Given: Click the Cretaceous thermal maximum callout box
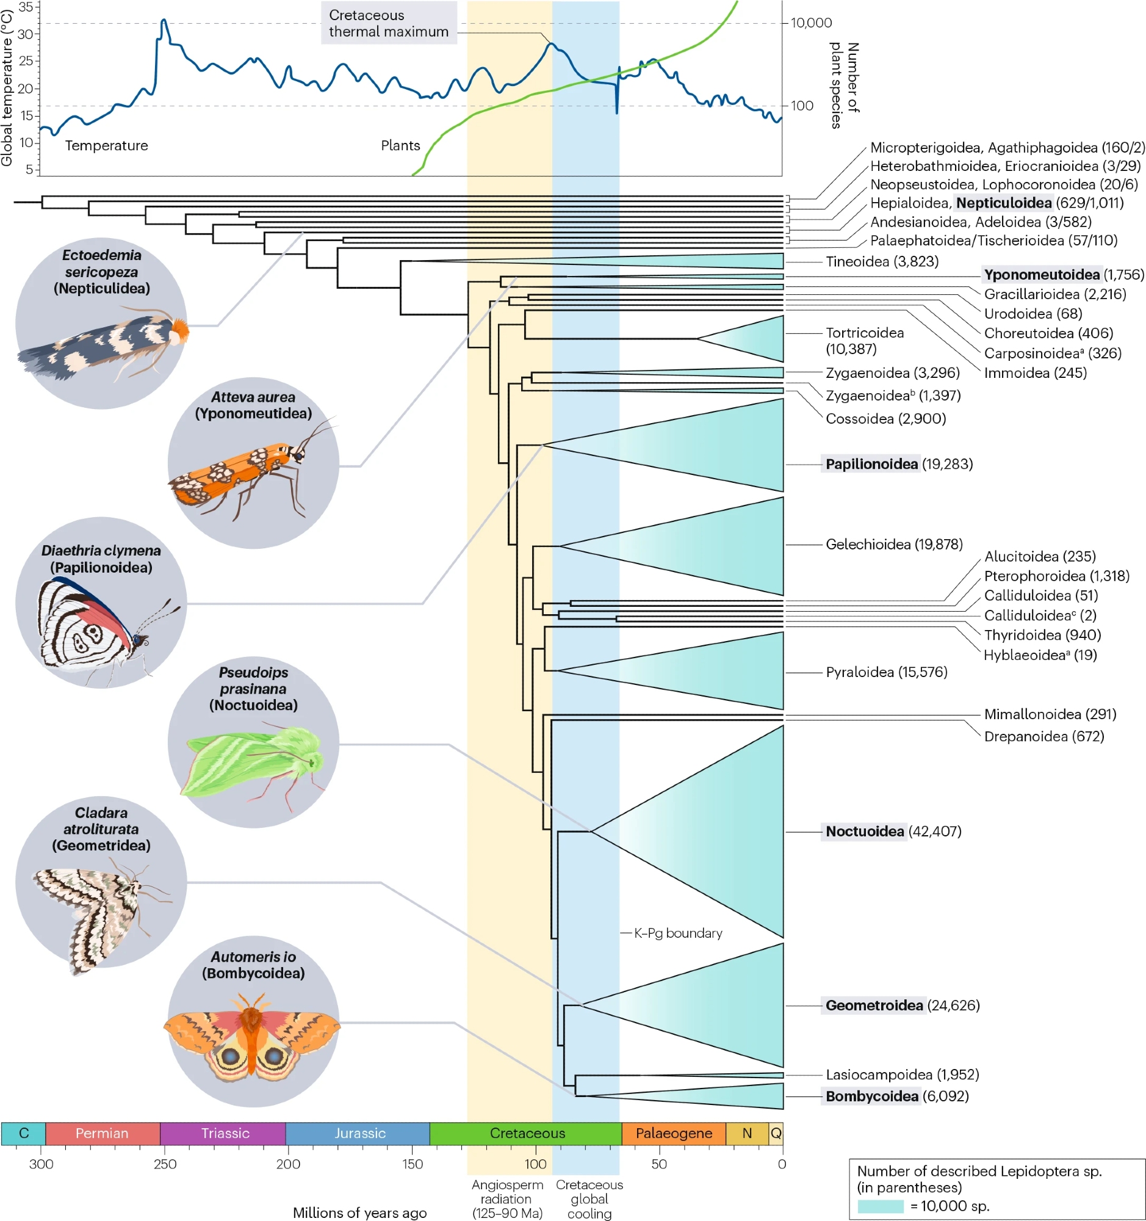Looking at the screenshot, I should tap(389, 23).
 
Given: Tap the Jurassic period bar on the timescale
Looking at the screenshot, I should tap(359, 1134).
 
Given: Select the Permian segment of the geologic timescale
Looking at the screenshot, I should tap(102, 1134).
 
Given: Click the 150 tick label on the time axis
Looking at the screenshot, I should tap(413, 1164).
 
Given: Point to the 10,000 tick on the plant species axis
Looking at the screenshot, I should tap(811, 23).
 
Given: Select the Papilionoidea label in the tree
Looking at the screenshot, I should tap(871, 465).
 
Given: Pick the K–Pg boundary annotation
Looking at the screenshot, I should tap(677, 933).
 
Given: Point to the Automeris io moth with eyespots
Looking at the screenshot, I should tap(251, 1038).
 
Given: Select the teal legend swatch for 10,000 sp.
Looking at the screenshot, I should tap(880, 1206).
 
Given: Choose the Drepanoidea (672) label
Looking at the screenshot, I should tap(1043, 736).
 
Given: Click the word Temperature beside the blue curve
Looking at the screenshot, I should tap(106, 145).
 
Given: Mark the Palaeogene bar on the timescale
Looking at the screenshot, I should tap(673, 1134).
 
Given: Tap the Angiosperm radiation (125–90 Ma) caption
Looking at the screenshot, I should tap(507, 1199).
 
